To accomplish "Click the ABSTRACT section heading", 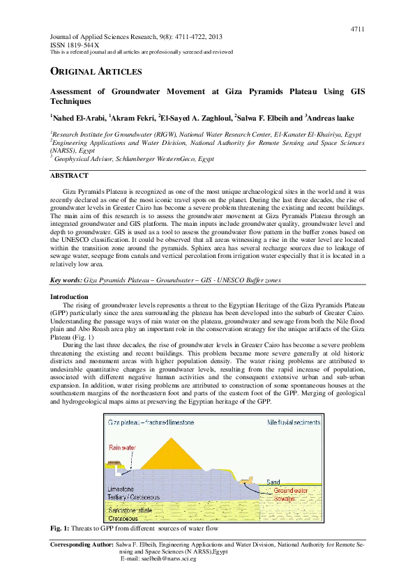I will [x=69, y=176].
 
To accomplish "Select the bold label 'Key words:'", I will [x=66, y=280].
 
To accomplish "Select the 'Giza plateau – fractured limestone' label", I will [x=149, y=423].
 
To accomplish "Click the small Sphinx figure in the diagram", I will [x=246, y=480].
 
